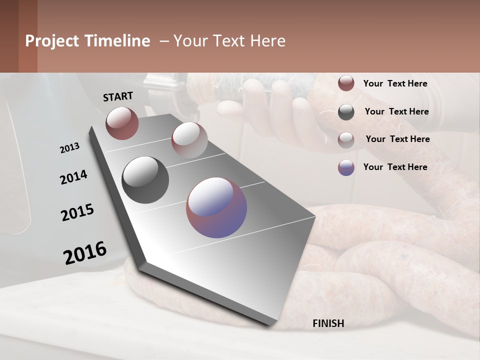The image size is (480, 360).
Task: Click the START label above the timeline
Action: [x=118, y=96]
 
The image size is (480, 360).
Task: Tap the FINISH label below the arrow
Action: [x=328, y=323]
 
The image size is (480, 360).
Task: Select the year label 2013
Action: [x=69, y=148]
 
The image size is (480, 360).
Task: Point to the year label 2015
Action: [x=77, y=212]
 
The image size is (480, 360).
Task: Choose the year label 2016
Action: [x=85, y=252]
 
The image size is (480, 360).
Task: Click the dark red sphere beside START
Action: [x=122, y=123]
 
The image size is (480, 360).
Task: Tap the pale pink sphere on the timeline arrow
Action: [x=189, y=139]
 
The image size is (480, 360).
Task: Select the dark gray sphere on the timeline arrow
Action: [x=145, y=179]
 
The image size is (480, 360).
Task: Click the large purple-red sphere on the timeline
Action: [x=216, y=207]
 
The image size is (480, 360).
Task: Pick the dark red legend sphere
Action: [x=346, y=83]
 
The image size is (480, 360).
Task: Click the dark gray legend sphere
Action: [x=346, y=112]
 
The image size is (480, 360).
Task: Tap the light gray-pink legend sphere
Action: [x=346, y=140]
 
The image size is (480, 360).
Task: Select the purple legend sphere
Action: [x=346, y=167]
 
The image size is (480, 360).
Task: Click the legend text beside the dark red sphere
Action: [x=395, y=83]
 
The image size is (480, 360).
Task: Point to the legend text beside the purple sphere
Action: [x=395, y=167]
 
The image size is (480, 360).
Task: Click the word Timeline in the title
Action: [x=117, y=41]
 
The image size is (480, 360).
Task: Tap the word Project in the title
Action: [x=52, y=41]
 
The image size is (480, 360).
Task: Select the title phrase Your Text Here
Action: [x=229, y=41]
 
